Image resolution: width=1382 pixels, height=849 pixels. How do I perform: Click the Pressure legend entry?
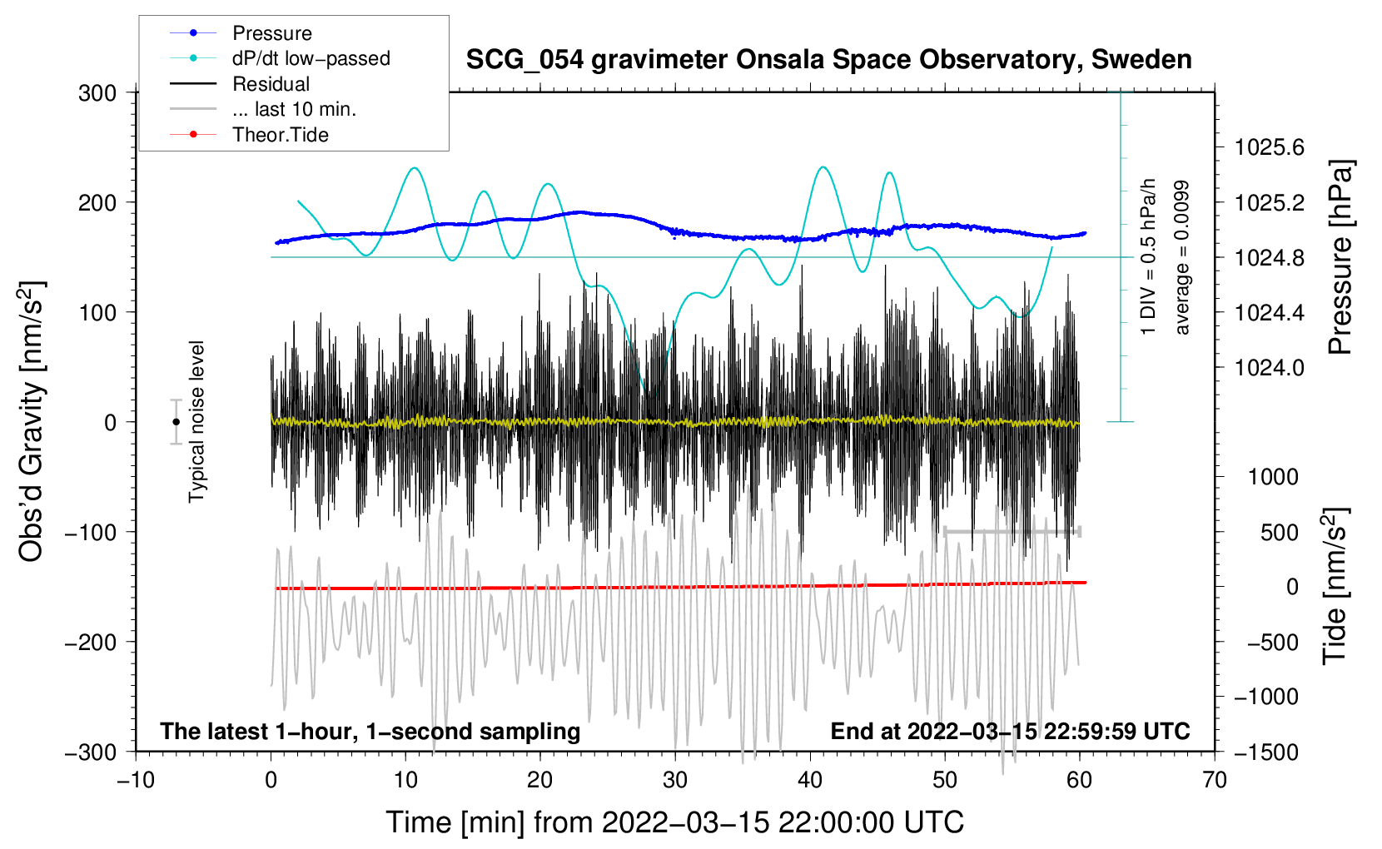coord(241,32)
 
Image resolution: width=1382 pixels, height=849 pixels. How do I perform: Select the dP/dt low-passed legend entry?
coord(280,58)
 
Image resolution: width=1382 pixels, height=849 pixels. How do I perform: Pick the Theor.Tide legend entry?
coord(249,135)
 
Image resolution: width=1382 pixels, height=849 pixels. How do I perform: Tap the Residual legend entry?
coord(240,84)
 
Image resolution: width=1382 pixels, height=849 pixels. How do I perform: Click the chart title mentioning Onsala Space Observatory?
coord(828,60)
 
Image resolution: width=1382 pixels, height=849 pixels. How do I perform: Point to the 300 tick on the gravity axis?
coord(97,93)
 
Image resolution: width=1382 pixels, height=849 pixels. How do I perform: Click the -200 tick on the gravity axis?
coord(91,643)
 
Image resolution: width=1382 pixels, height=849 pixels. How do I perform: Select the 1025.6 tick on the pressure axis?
coord(1270,147)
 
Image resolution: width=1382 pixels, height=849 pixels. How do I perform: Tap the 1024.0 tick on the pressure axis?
coord(1270,368)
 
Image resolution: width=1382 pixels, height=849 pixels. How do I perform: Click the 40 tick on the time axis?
coord(810,781)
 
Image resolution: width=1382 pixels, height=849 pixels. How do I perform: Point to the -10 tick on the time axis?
coord(136,781)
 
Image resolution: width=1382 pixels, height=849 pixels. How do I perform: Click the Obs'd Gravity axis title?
coord(32,421)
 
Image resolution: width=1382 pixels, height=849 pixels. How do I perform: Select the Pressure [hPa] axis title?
coord(1340,257)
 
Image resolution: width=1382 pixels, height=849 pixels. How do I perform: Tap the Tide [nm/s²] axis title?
coord(1335,586)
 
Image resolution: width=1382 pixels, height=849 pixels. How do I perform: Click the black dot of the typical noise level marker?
coord(176,422)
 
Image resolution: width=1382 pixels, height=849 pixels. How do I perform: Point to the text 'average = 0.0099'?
coord(1181,257)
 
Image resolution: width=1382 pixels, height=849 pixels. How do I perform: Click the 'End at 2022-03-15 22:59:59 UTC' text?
coord(1010,731)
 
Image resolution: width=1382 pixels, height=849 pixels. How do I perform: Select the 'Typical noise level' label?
coord(196,422)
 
